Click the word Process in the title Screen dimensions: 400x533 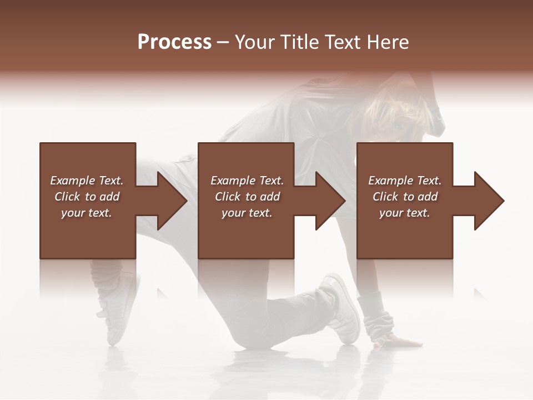pos(174,42)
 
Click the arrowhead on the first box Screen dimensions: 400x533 pos(171,201)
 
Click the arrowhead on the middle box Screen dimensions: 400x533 pos(330,201)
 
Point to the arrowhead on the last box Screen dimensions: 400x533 pos(488,201)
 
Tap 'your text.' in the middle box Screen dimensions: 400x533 pos(247,213)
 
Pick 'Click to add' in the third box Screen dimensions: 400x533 pos(405,197)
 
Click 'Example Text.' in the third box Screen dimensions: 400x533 pos(405,181)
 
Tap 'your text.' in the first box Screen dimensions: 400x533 pos(87,213)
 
